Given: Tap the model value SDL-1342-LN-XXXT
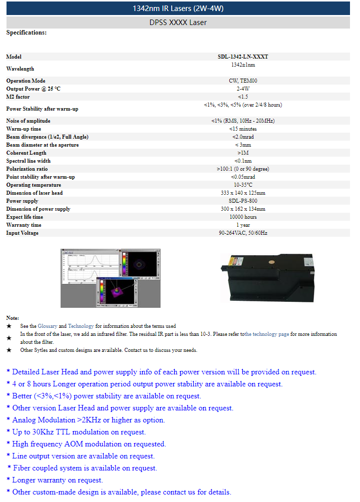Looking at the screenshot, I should (x=243, y=57).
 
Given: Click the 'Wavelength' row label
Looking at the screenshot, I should (x=20, y=69).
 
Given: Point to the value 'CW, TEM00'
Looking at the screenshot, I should (x=243, y=81).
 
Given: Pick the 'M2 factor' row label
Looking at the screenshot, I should (x=18, y=97).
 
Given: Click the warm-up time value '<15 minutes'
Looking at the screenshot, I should (x=243, y=129).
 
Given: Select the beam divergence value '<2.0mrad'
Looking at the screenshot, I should (x=243, y=137).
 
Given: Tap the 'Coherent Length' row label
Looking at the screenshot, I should (x=26, y=153).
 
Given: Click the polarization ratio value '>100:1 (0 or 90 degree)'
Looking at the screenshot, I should (x=243, y=169).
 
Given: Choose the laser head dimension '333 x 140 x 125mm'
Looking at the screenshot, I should (x=243, y=193).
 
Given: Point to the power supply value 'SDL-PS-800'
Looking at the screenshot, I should (x=243, y=201).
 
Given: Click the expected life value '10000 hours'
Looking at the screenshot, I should (x=243, y=217).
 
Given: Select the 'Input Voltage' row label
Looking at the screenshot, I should (x=22, y=233).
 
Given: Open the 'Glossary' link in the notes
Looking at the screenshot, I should (x=48, y=326).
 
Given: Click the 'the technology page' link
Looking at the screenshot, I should (x=267, y=334).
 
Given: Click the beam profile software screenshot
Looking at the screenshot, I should (x=111, y=278).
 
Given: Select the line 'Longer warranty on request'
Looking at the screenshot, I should (x=57, y=480).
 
